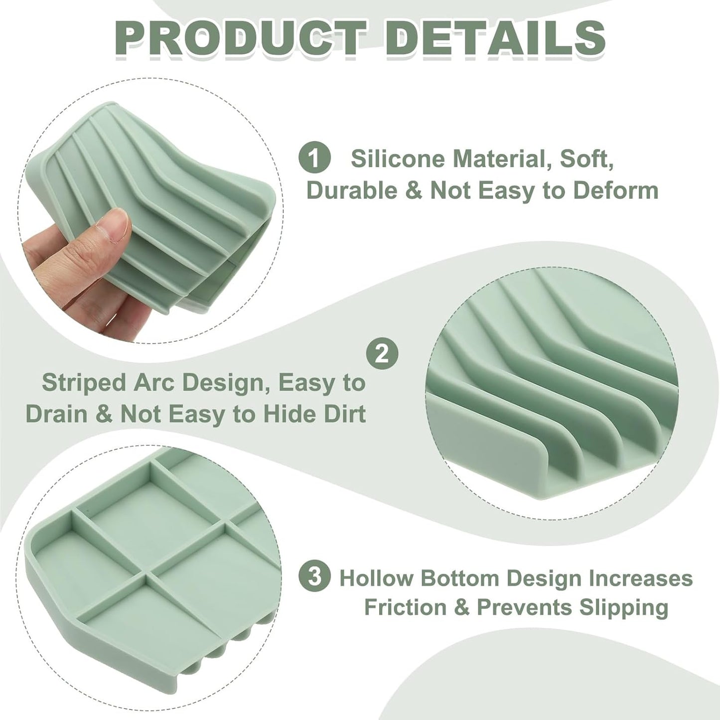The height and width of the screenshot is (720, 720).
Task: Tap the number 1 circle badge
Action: [x=314, y=159]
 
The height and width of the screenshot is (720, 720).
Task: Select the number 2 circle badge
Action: [x=382, y=354]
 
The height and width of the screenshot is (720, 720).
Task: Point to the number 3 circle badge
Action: [x=314, y=576]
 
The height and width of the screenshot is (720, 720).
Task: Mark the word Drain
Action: [x=57, y=414]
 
